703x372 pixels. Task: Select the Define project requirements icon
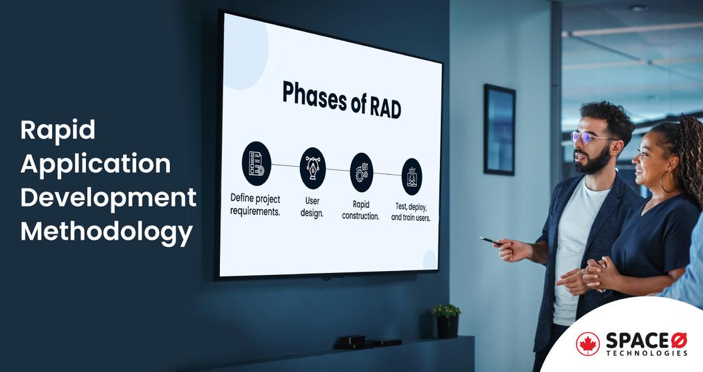(256, 163)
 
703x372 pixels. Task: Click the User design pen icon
(312, 167)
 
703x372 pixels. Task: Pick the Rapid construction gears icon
(361, 172)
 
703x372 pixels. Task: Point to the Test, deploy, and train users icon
(411, 177)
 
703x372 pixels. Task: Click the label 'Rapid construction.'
(361, 210)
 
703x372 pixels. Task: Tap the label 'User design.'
(312, 207)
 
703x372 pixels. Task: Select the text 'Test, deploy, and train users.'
(411, 212)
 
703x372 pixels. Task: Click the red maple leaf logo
(588, 343)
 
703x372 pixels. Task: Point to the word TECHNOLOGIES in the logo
(646, 353)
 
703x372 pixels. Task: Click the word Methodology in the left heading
(106, 231)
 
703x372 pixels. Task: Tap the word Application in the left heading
(95, 164)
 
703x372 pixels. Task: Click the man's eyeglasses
(589, 137)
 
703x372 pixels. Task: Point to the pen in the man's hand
(490, 241)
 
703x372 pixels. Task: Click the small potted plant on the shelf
(447, 319)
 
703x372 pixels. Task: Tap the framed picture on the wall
(499, 129)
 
